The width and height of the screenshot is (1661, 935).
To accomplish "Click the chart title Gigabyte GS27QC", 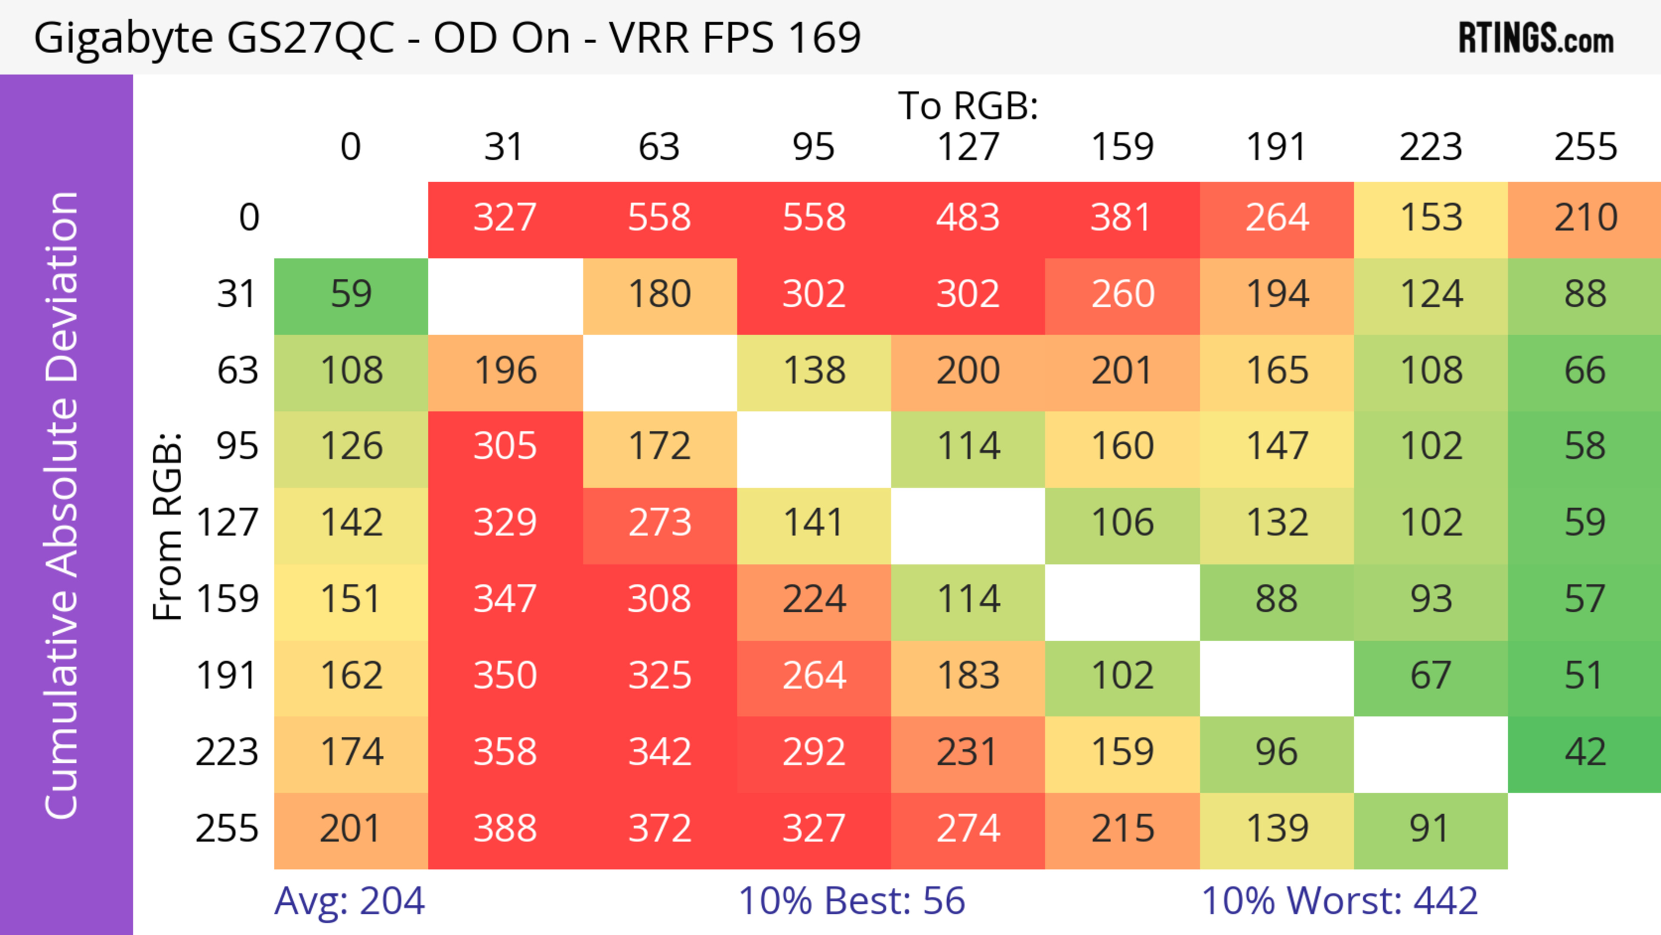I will (447, 37).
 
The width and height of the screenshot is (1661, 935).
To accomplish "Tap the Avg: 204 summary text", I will (350, 900).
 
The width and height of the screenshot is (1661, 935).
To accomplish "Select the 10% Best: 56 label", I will (851, 900).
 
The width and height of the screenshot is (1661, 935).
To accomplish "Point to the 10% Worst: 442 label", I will (1339, 900).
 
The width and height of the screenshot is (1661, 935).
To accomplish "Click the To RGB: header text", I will (968, 106).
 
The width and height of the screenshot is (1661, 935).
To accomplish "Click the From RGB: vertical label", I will (168, 526).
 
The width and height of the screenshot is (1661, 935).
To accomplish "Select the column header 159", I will (1122, 147).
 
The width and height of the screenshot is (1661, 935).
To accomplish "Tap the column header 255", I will (1585, 147).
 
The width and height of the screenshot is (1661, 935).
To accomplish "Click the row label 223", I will (227, 752).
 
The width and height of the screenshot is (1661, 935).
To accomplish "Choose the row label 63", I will (237, 370).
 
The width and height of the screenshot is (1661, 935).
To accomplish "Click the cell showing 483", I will (968, 217).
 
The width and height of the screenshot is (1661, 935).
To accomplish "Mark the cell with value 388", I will (505, 829).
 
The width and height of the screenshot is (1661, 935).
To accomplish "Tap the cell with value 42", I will (1585, 752).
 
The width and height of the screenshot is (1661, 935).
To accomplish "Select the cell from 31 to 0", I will (351, 294).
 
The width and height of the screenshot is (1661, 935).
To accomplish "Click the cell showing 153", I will (1431, 217).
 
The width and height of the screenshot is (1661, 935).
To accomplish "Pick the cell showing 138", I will (814, 370).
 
